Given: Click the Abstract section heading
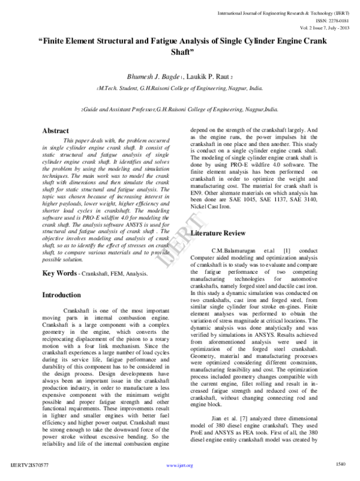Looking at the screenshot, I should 58,130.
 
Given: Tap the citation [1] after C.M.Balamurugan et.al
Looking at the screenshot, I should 286,249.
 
